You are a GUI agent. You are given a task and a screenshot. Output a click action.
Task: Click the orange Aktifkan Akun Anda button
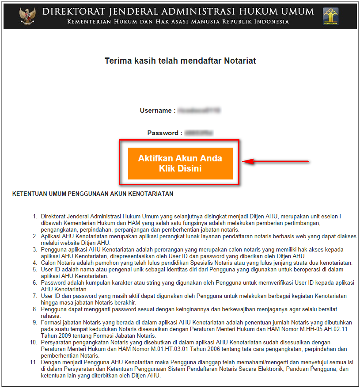tap(180, 163)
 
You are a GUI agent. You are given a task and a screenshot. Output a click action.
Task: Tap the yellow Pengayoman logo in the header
tap(332, 15)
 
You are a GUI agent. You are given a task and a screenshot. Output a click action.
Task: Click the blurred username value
tap(199, 111)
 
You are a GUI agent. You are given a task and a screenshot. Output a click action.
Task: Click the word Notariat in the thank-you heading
tap(236, 61)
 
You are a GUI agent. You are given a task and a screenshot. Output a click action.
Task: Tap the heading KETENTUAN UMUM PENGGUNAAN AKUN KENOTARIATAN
tap(93, 194)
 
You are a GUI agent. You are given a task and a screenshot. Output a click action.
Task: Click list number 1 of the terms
tap(35, 217)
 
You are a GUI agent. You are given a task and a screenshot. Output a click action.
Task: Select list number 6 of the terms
tap(35, 282)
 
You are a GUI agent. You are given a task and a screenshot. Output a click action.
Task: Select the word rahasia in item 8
tap(50, 316)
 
